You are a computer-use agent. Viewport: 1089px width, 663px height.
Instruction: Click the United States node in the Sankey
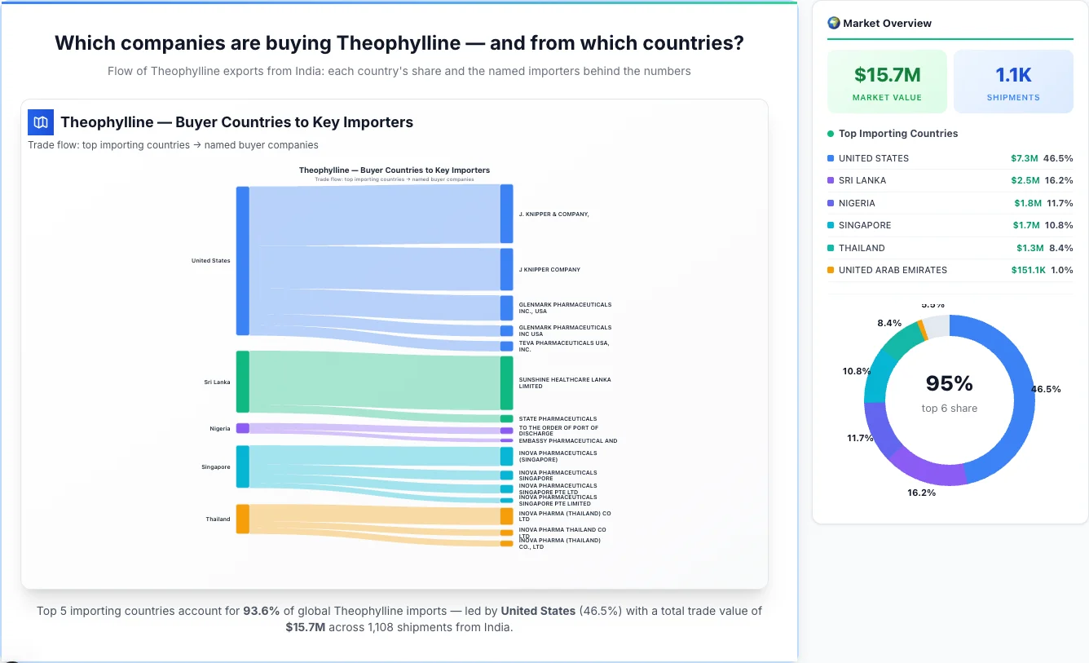click(x=242, y=261)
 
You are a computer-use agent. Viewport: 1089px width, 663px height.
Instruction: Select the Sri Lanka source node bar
click(x=242, y=382)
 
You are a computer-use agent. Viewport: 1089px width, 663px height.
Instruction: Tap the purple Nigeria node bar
click(x=242, y=428)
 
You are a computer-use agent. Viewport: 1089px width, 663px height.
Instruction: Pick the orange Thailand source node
click(x=242, y=519)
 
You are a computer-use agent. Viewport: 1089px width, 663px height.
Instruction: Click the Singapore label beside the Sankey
click(x=216, y=467)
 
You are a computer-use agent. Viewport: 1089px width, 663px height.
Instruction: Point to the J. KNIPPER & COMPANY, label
click(x=553, y=214)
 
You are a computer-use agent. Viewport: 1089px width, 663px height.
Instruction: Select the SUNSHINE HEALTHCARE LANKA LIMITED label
click(x=565, y=382)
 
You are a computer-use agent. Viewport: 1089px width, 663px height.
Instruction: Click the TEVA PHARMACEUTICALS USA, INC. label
click(x=564, y=346)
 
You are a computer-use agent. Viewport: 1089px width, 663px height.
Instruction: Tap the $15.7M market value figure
click(x=887, y=75)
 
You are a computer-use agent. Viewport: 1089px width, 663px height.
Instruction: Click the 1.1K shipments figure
click(x=1013, y=75)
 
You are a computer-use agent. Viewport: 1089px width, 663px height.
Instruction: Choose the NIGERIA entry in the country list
click(x=857, y=203)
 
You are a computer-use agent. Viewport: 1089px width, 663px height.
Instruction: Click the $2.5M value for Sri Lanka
click(x=1025, y=180)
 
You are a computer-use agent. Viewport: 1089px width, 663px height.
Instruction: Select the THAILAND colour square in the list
click(x=831, y=248)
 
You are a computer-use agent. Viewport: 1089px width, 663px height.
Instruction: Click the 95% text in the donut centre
click(x=949, y=383)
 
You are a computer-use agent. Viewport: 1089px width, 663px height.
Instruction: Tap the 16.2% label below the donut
click(x=921, y=493)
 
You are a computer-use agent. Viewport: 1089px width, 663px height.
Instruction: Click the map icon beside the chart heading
click(x=41, y=122)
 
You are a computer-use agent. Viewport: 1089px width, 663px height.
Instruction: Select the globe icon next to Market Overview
click(x=833, y=23)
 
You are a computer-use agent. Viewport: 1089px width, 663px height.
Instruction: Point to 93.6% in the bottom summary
click(x=261, y=610)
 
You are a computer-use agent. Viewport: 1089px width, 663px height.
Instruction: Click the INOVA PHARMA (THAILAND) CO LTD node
click(x=506, y=516)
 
